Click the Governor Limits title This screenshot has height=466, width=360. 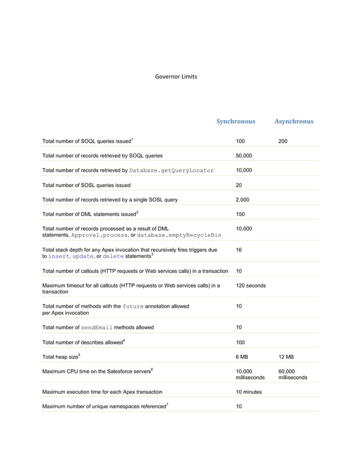pos(175,77)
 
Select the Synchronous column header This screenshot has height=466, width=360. pos(236,121)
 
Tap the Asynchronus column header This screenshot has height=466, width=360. pos(293,121)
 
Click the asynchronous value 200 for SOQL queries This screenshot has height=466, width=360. pos(283,141)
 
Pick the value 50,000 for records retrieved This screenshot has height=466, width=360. pos(244,156)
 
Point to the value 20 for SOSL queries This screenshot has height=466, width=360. pos(239,185)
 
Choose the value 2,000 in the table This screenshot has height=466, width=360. pos(242,200)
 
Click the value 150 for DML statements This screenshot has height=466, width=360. pos(241,214)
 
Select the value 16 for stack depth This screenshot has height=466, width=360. pos(239,249)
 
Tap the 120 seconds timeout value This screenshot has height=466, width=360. pos(251,285)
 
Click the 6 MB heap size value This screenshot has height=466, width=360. pos(242,357)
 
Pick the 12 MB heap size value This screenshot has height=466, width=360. pos(286,357)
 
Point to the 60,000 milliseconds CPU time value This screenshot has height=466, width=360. pos(292,374)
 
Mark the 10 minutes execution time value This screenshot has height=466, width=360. pos(249,392)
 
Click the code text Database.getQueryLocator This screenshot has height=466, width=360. pos(171,170)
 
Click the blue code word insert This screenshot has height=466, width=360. pos(59,256)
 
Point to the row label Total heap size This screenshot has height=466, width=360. pos(61,357)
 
